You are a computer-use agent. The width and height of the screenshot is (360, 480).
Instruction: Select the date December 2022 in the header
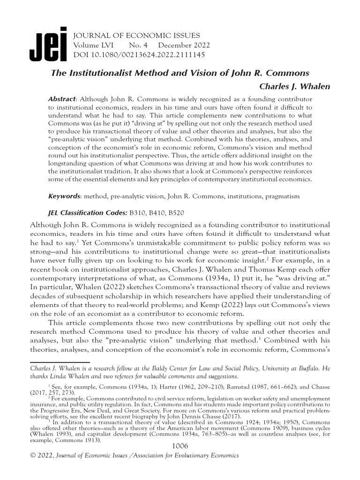(x=184, y=45)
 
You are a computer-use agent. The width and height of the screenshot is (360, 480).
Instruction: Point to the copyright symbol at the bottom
(x=33, y=455)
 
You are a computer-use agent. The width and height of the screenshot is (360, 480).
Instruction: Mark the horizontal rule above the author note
(x=60, y=362)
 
